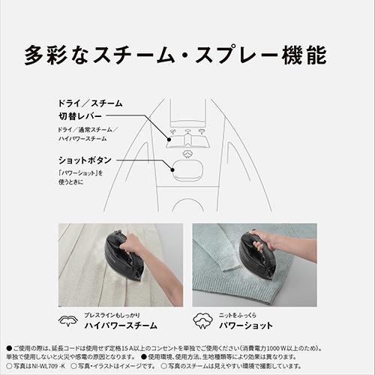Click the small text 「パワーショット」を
[83, 174]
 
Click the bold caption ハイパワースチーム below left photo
[121, 327]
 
